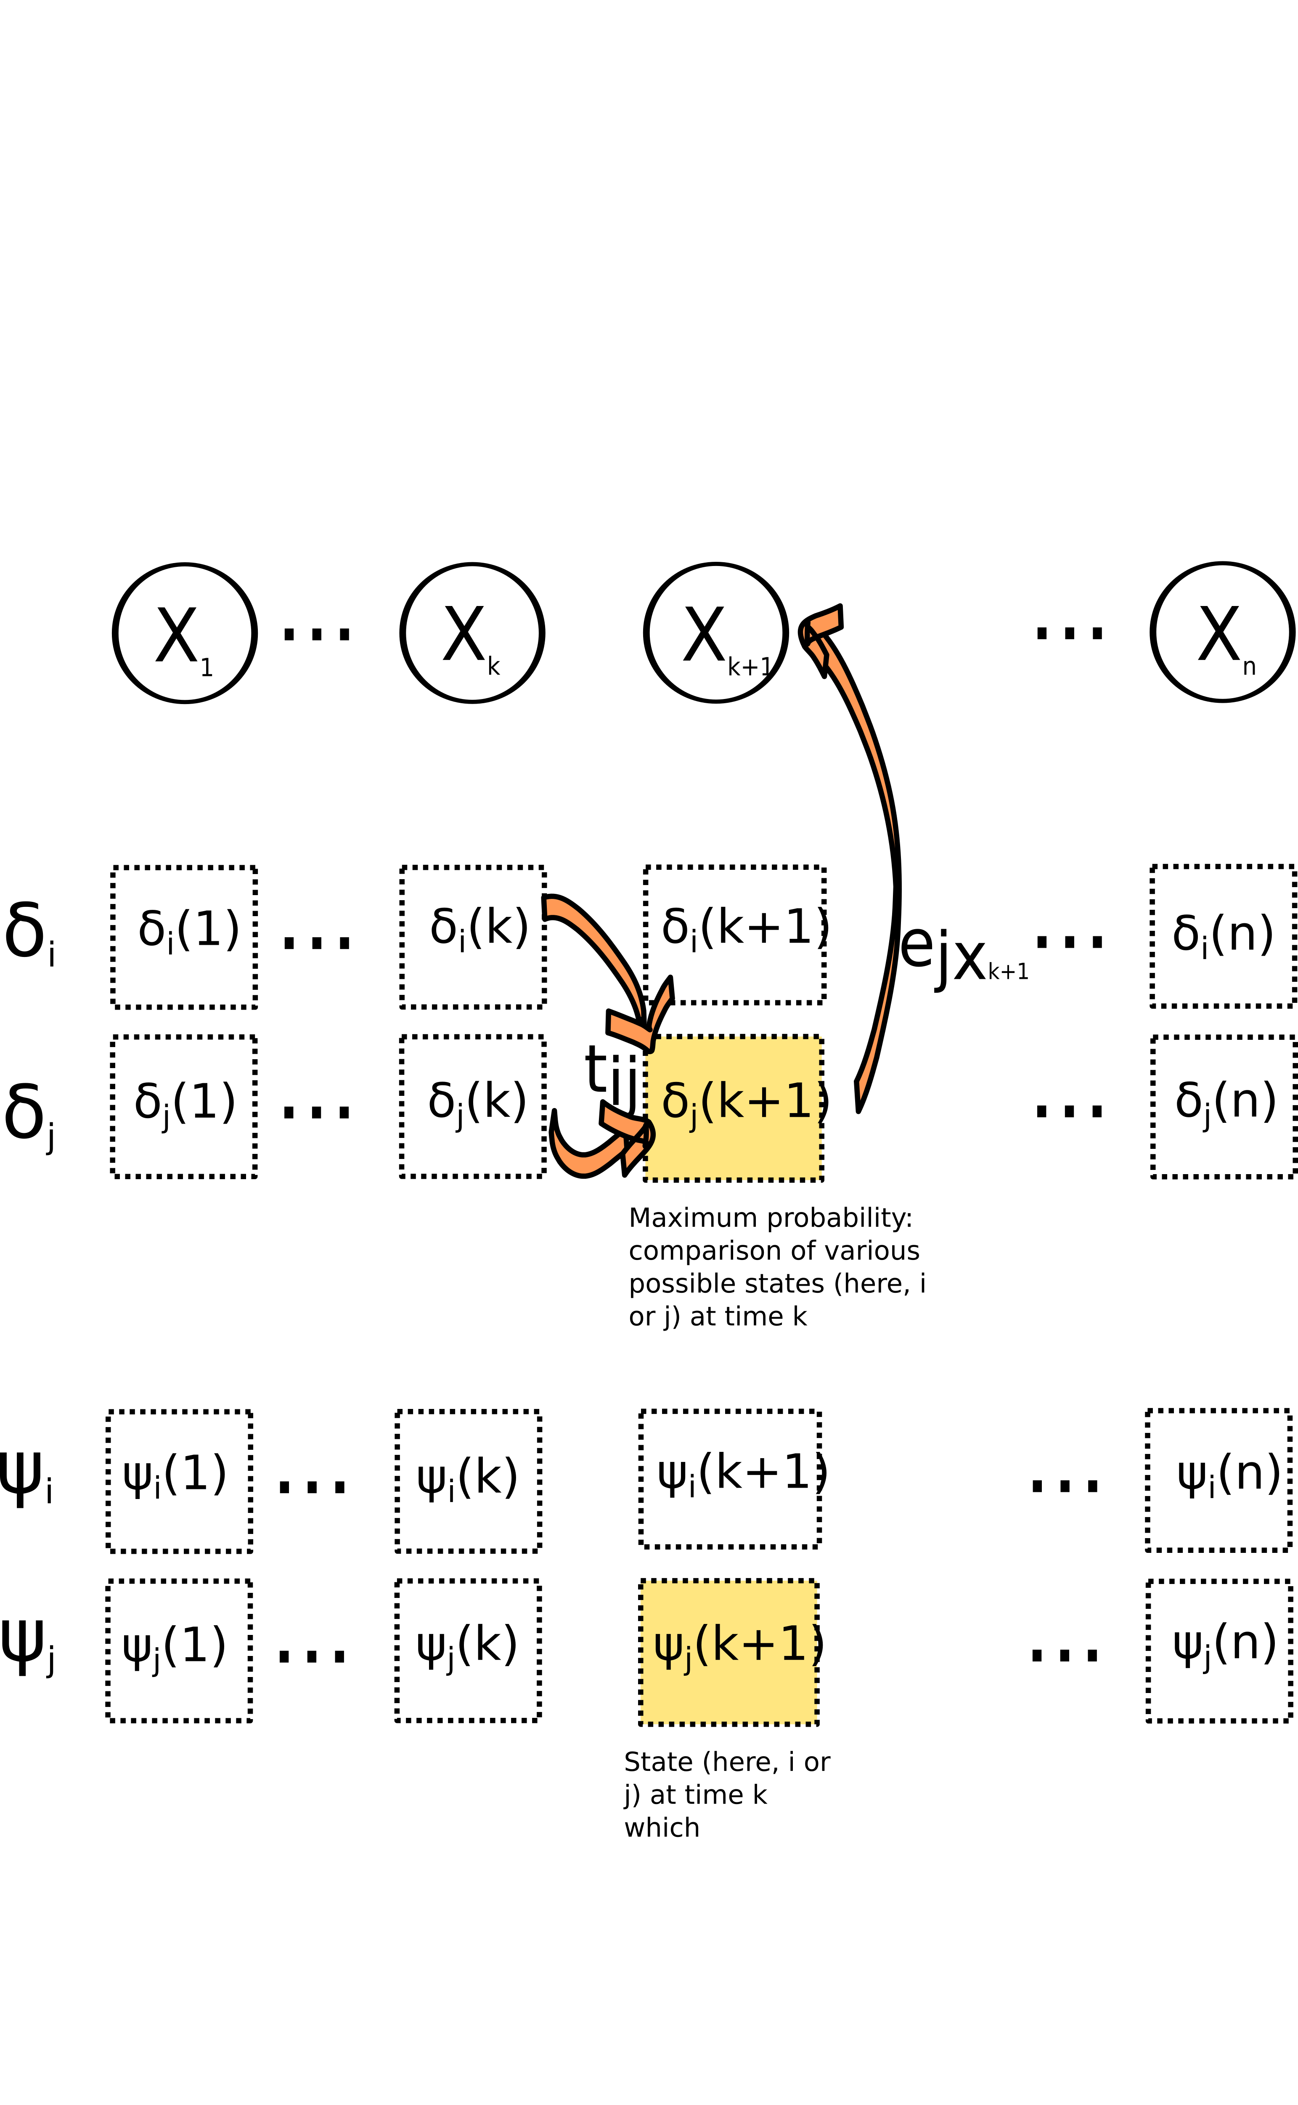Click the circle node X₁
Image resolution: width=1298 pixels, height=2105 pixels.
click(x=185, y=633)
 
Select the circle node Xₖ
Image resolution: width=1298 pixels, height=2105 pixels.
click(x=472, y=633)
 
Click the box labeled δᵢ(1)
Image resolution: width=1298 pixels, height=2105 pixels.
click(x=184, y=937)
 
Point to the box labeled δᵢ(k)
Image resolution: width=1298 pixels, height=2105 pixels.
click(x=473, y=937)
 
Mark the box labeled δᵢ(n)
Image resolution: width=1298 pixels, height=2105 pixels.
click(x=1223, y=936)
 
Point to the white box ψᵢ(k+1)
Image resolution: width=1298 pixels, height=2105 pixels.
click(x=730, y=1479)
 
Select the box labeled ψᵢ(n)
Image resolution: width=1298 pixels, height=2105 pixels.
click(x=1219, y=1480)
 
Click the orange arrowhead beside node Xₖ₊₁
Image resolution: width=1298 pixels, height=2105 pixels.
click(x=820, y=631)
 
